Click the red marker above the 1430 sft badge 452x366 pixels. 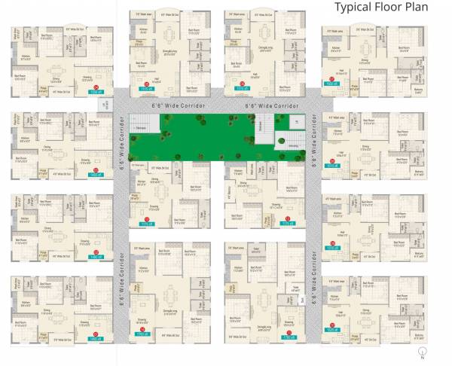(95, 169)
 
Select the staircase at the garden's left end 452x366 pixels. (138, 124)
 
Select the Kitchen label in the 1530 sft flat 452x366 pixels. (26, 56)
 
